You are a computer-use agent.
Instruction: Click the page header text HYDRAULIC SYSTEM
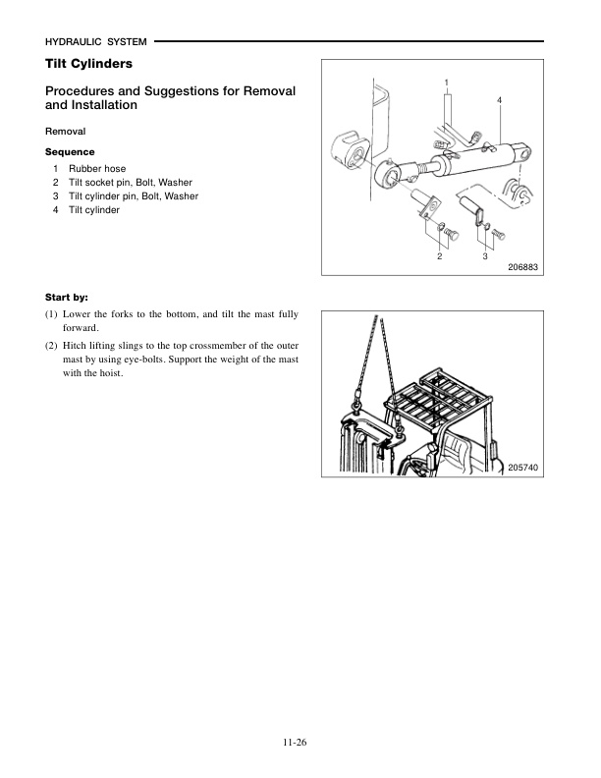tap(96, 42)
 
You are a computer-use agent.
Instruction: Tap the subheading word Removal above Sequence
tap(65, 131)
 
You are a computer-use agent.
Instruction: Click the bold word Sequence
tap(70, 152)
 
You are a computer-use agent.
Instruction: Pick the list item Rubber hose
tap(97, 169)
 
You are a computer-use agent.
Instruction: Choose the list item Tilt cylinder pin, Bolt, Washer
tap(134, 196)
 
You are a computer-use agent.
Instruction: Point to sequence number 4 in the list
tap(56, 210)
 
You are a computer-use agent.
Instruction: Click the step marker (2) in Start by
tap(52, 346)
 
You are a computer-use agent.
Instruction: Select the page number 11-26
tap(300, 744)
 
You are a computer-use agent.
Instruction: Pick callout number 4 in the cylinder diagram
tap(500, 102)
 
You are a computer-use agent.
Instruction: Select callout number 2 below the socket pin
tap(440, 256)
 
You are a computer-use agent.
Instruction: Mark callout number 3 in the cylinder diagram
tap(485, 256)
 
